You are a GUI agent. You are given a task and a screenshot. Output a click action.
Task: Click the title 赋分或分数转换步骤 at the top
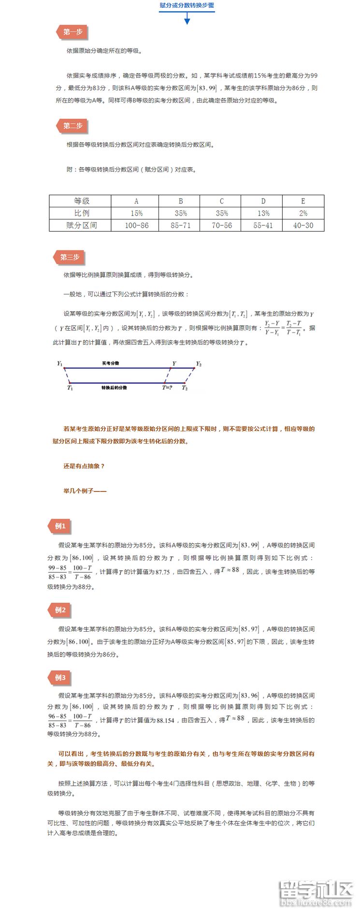tap(187, 5)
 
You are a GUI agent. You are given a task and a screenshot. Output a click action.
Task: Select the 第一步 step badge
tap(72, 32)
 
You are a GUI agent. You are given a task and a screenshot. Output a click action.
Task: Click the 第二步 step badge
tap(72, 126)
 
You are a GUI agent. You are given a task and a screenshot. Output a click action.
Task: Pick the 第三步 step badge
tap(70, 257)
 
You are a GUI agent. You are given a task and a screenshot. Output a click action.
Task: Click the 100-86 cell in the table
tap(137, 225)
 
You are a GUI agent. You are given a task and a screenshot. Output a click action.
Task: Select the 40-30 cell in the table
tap(303, 225)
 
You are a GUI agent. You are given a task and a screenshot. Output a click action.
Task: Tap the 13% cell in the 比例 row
tap(263, 213)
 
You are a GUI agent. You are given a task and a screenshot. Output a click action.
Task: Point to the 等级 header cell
tap(81, 201)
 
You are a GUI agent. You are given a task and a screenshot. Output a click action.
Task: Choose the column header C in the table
tap(222, 201)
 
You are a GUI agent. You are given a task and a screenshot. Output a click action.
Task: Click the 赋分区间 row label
tap(81, 225)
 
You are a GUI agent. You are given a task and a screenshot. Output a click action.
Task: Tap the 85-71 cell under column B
tap(181, 225)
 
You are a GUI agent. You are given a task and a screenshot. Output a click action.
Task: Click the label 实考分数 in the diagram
tap(111, 363)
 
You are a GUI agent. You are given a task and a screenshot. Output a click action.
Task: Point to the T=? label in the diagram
tap(167, 388)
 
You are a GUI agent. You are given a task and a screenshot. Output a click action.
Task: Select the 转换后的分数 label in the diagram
tap(114, 388)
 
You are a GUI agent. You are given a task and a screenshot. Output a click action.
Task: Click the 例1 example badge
tap(60, 526)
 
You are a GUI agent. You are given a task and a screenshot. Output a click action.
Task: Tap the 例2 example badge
tap(60, 610)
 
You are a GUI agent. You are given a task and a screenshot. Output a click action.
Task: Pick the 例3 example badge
tap(60, 678)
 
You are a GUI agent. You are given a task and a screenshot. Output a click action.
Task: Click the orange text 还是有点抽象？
tap(84, 466)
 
